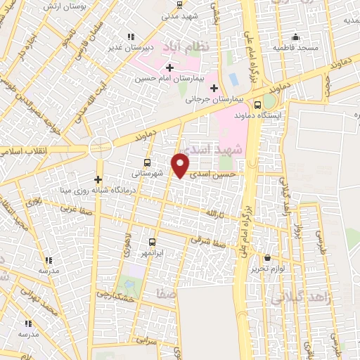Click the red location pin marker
click(181, 165)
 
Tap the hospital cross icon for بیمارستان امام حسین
click(169, 67)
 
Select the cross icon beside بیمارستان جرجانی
click(214, 88)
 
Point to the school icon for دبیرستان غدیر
click(130, 37)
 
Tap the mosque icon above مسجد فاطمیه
click(296, 37)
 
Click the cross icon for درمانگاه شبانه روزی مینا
click(98, 179)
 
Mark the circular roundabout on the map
click(101, 148)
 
